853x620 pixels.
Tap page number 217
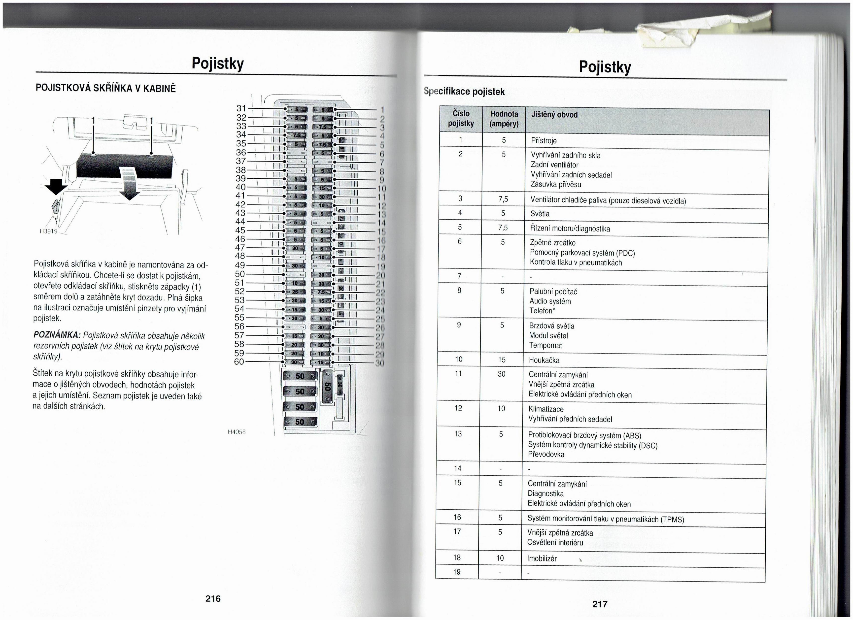click(x=600, y=604)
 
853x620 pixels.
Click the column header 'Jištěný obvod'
click(x=554, y=115)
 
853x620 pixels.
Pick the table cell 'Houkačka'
click(x=544, y=360)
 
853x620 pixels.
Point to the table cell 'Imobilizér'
click(x=542, y=558)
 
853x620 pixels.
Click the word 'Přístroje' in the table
click(x=544, y=141)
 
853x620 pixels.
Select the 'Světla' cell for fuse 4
click(x=540, y=214)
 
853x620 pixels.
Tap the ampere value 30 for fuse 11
click(x=501, y=374)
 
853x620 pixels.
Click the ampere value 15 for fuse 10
click(x=502, y=360)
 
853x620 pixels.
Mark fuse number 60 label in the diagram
click(x=239, y=362)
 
